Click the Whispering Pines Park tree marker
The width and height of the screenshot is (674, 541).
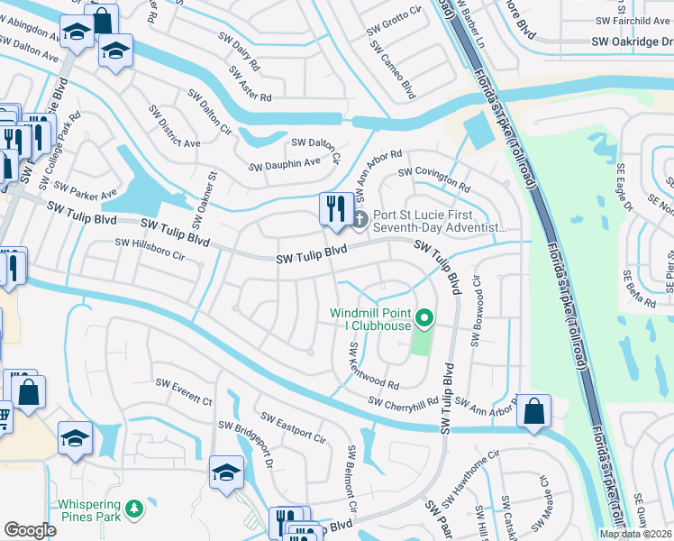pyautogui.click(x=134, y=510)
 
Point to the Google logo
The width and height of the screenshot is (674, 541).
pyautogui.click(x=30, y=530)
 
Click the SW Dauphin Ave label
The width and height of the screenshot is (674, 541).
pyautogui.click(x=285, y=164)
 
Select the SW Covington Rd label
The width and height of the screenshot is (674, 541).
pyautogui.click(x=434, y=179)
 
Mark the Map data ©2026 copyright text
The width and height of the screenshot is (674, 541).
pyautogui.click(x=636, y=534)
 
